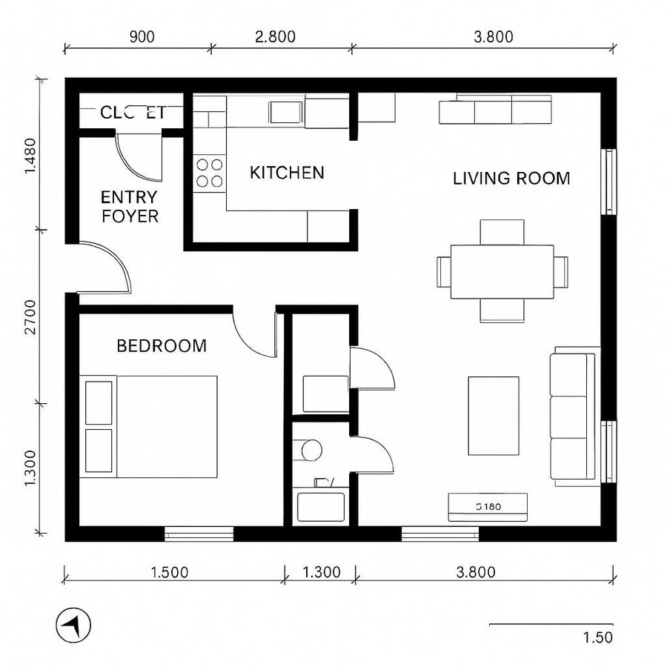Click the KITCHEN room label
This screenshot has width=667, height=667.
(287, 173)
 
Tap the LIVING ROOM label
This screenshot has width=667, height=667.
(511, 178)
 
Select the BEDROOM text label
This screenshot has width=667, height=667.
(162, 345)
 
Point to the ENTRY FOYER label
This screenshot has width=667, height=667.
(130, 207)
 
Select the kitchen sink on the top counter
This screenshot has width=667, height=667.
(285, 112)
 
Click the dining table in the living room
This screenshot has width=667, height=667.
(502, 271)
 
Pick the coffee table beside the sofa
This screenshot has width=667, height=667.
(493, 415)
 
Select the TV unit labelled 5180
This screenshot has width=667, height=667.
(488, 507)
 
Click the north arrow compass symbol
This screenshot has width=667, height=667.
(73, 626)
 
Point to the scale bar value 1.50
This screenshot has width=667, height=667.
(597, 637)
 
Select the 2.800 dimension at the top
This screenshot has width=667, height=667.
(279, 36)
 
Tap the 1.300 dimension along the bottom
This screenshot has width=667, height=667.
(322, 572)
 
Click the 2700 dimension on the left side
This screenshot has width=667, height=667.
(29, 316)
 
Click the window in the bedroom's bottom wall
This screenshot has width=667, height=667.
(199, 533)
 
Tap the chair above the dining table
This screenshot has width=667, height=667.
(502, 231)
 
